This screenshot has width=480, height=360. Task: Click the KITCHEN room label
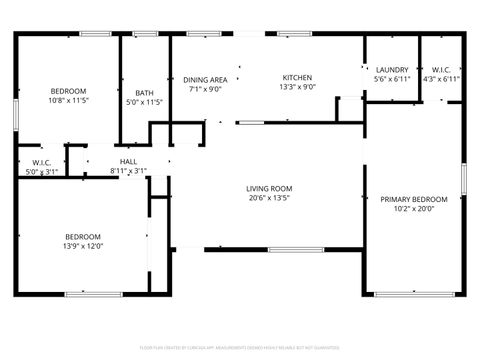pos(297,78)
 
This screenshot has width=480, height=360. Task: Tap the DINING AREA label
pos(205,79)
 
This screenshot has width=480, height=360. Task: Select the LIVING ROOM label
pos(269,188)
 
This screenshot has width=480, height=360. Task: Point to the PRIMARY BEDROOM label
pos(413,199)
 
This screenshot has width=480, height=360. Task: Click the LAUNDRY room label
pos(392,69)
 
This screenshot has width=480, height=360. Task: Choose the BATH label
pos(145,93)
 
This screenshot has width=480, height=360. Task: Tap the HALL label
pos(128,161)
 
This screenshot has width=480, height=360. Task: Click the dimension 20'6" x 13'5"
pos(269,198)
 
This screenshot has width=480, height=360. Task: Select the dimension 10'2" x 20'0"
pos(413,209)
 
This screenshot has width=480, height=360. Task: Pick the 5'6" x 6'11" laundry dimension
pos(392,79)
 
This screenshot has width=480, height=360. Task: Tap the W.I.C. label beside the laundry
pos(441,69)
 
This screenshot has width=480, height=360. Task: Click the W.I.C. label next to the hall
pos(42,162)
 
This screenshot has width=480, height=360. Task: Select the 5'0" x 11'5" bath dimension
pos(145,102)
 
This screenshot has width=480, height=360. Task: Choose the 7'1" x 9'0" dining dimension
pos(205,88)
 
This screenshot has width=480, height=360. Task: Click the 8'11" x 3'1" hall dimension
pos(128,171)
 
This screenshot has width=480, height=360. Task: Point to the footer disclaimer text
pos(240,347)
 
